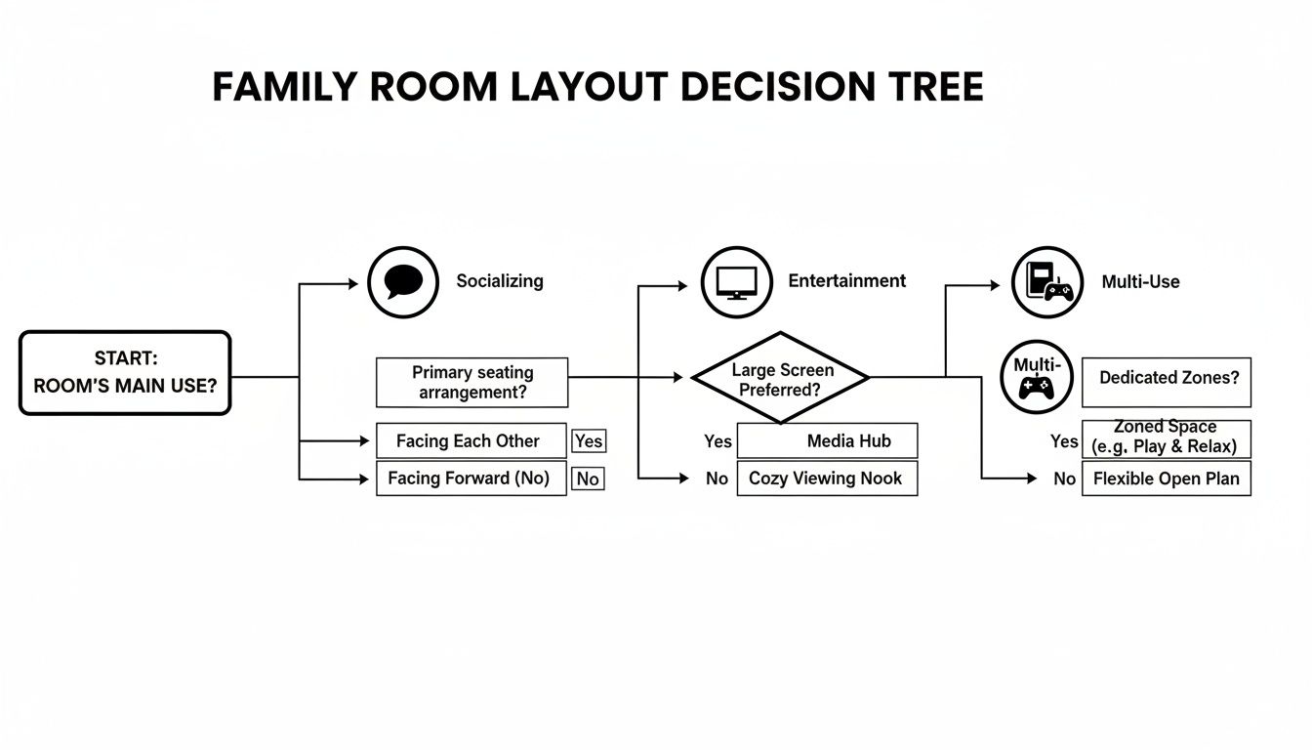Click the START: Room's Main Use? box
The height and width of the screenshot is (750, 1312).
pyautogui.click(x=125, y=373)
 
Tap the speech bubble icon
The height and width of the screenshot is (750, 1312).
pyautogui.click(x=403, y=281)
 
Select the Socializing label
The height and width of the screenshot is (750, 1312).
pyautogui.click(x=499, y=281)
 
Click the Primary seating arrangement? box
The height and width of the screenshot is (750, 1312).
pyautogui.click(x=471, y=382)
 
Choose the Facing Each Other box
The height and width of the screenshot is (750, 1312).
pyautogui.click(x=471, y=440)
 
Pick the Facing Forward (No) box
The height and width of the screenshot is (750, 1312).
pyautogui.click(x=471, y=479)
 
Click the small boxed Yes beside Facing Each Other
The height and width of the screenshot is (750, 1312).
pyautogui.click(x=589, y=441)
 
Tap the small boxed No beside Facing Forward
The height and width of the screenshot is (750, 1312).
pyautogui.click(x=588, y=479)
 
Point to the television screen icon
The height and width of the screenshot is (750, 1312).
pyautogui.click(x=736, y=281)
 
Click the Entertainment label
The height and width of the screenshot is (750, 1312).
pyautogui.click(x=846, y=281)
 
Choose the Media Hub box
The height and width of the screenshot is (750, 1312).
pyautogui.click(x=827, y=441)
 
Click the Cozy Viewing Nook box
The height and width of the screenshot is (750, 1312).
pyautogui.click(x=827, y=479)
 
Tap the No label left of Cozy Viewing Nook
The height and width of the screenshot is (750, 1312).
pyautogui.click(x=717, y=479)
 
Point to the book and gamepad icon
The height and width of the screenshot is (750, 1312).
pyautogui.click(x=1046, y=281)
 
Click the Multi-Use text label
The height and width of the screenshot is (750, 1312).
pyautogui.click(x=1140, y=281)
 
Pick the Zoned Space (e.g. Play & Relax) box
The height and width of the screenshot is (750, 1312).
pyautogui.click(x=1167, y=438)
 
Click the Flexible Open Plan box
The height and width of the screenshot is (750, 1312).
pyautogui.click(x=1167, y=479)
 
